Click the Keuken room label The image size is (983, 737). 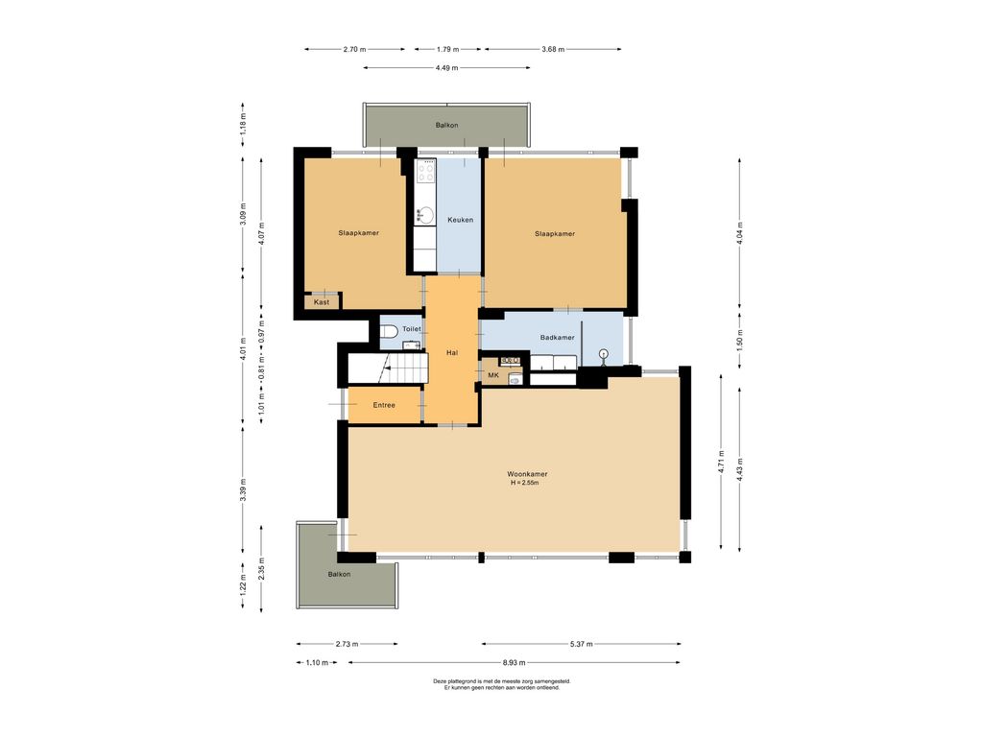coord(460,220)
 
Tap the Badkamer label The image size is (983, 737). coord(558,337)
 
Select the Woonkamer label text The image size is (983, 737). coord(527,474)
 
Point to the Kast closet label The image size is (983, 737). coord(322,302)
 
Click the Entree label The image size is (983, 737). coord(384,406)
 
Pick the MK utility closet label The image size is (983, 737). coord(493,375)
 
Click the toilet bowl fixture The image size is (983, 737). coord(390,330)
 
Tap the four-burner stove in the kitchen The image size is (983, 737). coord(425,171)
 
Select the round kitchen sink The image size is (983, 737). coord(426,215)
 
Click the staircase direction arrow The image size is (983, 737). coord(384,368)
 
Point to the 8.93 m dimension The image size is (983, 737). coord(515,662)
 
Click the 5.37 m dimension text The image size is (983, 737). coord(581,644)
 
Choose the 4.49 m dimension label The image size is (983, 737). coord(446,68)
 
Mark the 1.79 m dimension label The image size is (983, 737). coord(447,49)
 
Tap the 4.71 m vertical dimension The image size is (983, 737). coord(722,462)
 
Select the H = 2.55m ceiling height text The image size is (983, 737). coord(525,484)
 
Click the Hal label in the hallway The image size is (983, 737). coord(452,353)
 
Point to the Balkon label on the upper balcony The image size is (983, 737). coord(447,126)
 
